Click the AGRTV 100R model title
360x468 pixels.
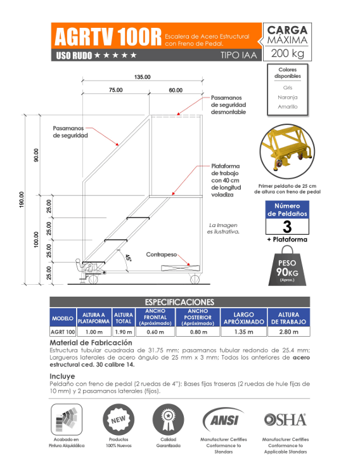click(x=108, y=37)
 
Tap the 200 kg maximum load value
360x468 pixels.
click(x=288, y=53)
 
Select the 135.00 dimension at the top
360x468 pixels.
click(x=142, y=77)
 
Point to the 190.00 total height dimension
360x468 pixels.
click(x=22, y=199)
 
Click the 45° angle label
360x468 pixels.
click(x=128, y=257)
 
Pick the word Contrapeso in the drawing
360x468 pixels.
click(x=162, y=254)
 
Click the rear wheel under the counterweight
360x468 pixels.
click(x=195, y=280)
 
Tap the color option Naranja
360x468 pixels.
click(x=288, y=97)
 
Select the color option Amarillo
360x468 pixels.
click(x=288, y=107)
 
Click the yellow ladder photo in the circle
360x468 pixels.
click(x=287, y=152)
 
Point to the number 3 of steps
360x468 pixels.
click(x=287, y=226)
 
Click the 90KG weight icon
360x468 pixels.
click(x=287, y=266)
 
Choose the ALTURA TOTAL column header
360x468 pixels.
click(x=123, y=318)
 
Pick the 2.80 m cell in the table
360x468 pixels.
click(x=289, y=332)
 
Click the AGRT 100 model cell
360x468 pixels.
click(x=63, y=332)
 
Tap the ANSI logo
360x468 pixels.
click(x=224, y=419)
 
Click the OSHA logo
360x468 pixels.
click(x=285, y=420)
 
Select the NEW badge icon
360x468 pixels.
click(x=119, y=420)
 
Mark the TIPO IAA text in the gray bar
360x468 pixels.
click(x=238, y=55)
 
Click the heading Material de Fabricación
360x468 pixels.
click(x=91, y=342)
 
